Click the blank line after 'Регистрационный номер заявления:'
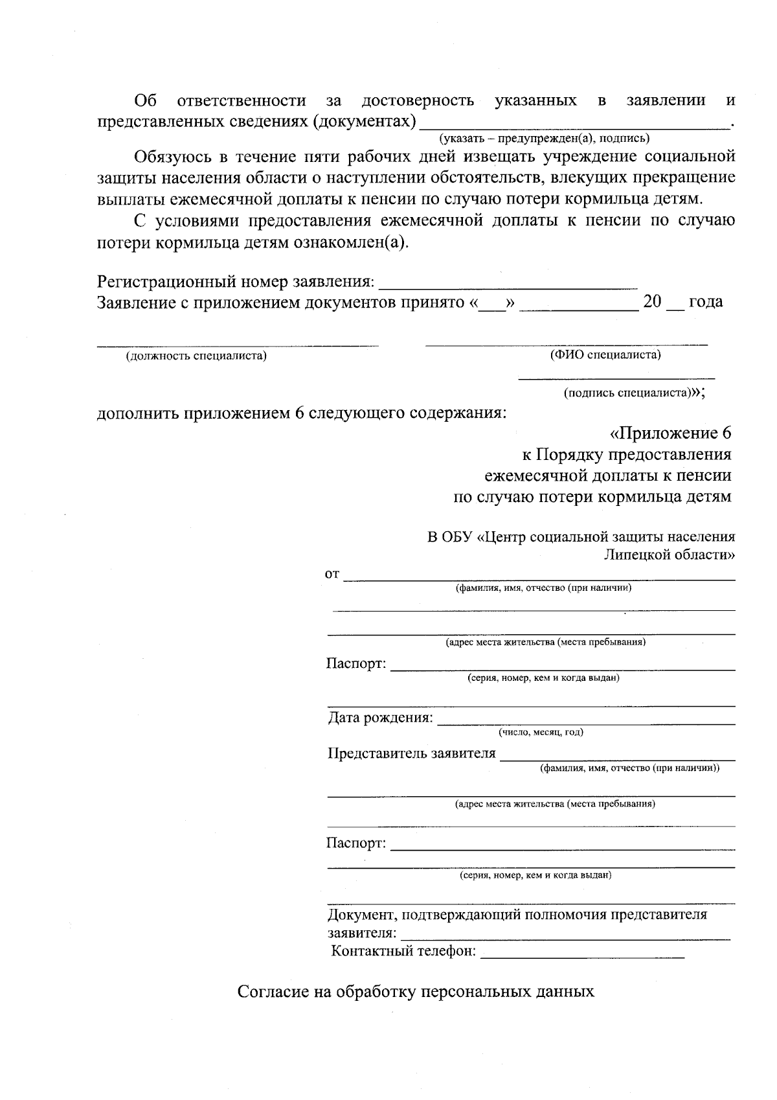508,285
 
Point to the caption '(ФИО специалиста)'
605,354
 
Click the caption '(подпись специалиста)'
626,393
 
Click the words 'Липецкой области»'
669,555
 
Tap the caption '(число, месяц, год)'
541,732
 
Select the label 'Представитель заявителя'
412,753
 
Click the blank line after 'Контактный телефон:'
583,955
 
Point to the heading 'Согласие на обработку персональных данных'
415,992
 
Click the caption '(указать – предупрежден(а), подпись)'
544,138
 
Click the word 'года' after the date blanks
705,302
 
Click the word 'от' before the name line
332,574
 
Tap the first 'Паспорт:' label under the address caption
356,664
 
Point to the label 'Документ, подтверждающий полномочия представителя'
517,915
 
